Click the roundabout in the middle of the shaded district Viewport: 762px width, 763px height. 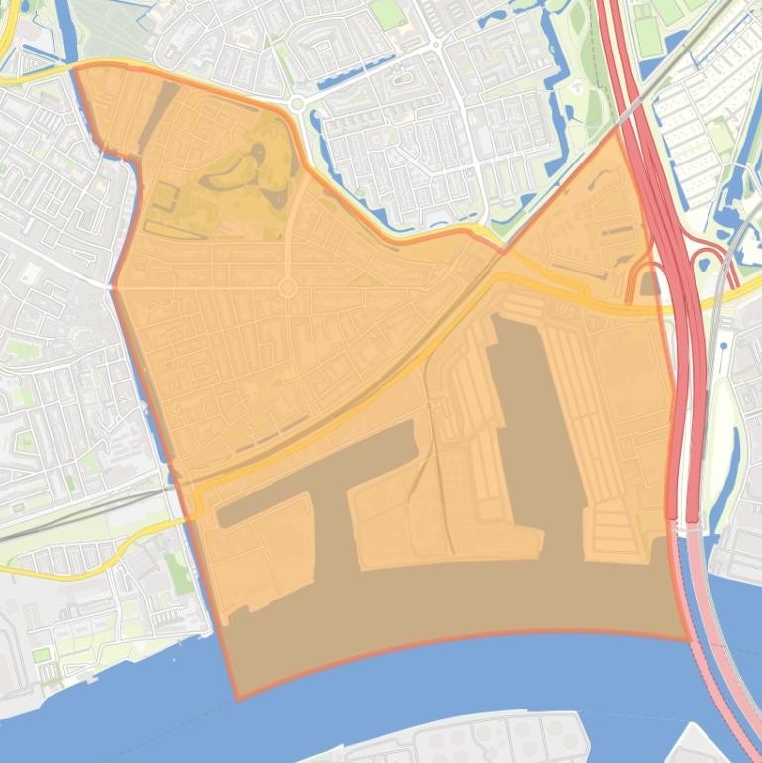pyautogui.click(x=288, y=287)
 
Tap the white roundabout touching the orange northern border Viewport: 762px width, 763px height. pyautogui.click(x=296, y=103)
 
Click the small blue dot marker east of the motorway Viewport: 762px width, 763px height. pyautogui.click(x=725, y=346)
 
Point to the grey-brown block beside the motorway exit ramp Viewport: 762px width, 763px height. pyautogui.click(x=649, y=285)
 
